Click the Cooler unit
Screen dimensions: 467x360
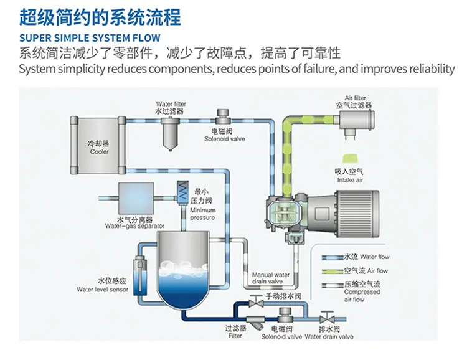click(98, 145)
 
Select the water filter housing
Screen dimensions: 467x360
click(171, 133)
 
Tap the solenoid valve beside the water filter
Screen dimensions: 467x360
click(223, 116)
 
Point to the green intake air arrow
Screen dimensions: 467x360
click(350, 159)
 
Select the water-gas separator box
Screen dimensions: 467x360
click(136, 197)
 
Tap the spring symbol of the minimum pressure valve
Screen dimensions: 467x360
click(182, 192)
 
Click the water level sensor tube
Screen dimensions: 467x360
click(139, 275)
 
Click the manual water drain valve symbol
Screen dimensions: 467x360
click(256, 302)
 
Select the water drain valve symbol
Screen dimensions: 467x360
click(327, 318)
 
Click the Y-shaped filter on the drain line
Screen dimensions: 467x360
click(255, 323)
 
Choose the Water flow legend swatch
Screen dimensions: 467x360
click(332, 258)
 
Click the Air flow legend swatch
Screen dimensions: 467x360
click(332, 271)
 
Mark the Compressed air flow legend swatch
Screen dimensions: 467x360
click(332, 285)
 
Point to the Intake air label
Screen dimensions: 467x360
click(350, 180)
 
